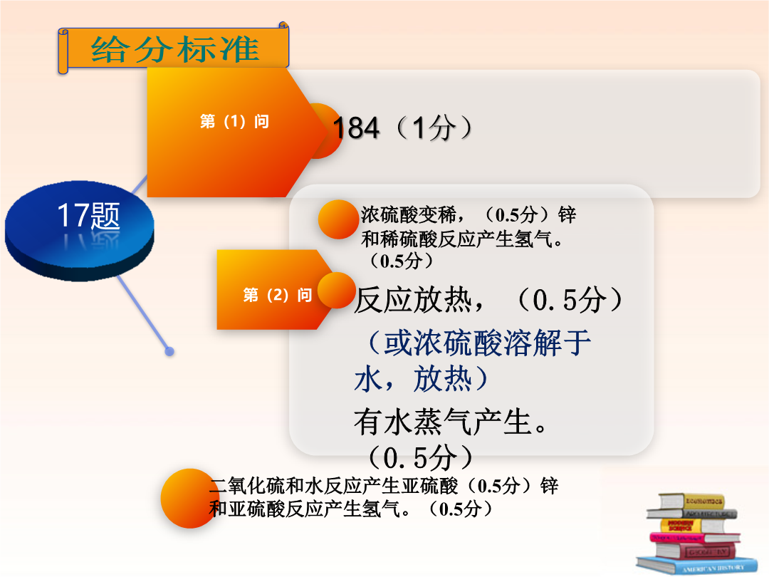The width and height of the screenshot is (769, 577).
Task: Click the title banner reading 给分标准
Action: click(x=173, y=48)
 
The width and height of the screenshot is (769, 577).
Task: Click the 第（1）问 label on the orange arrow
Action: click(x=234, y=121)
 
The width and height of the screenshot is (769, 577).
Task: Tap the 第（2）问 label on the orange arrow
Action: click(x=278, y=295)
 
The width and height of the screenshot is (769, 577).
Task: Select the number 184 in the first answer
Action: click(x=356, y=128)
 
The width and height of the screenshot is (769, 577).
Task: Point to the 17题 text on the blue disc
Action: click(x=88, y=215)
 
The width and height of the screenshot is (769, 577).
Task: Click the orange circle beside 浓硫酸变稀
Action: click(x=338, y=219)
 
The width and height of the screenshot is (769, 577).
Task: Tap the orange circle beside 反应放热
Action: click(x=336, y=291)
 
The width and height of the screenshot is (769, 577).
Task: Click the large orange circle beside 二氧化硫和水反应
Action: click(x=190, y=499)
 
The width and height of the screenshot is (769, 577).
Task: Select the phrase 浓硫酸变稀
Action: click(x=408, y=215)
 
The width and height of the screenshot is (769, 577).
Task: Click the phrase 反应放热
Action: click(x=412, y=300)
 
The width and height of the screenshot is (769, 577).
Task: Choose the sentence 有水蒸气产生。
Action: click(x=451, y=422)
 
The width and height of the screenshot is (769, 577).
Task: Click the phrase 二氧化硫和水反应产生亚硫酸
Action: click(x=333, y=486)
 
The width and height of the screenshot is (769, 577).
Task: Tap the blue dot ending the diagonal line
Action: click(x=169, y=351)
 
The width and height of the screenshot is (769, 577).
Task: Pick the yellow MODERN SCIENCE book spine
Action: click(x=681, y=526)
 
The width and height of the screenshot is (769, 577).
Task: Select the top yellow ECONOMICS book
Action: click(x=691, y=501)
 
